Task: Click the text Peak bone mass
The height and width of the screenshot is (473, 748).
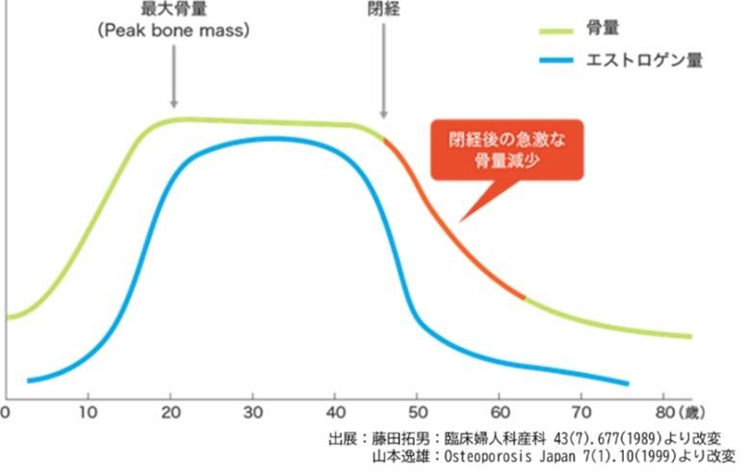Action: pyautogui.click(x=173, y=30)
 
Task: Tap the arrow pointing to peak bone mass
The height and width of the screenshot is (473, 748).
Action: pyautogui.click(x=173, y=78)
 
